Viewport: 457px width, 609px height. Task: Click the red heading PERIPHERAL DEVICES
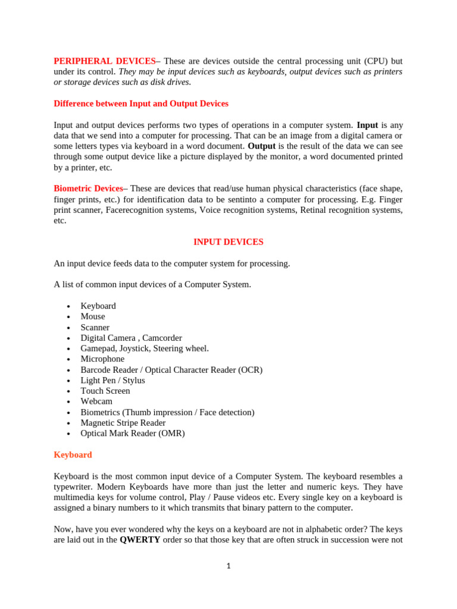click(x=104, y=61)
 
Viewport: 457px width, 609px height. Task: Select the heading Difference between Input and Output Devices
click(x=141, y=103)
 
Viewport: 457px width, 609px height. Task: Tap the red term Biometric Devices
click(x=88, y=188)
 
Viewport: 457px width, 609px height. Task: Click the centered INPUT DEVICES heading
click(x=228, y=242)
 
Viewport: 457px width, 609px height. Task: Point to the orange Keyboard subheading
click(x=73, y=455)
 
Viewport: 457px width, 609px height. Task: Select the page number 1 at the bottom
click(x=228, y=566)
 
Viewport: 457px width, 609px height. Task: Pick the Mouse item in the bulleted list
click(x=93, y=316)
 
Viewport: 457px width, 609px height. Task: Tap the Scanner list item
click(x=95, y=327)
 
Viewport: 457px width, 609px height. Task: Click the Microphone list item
click(x=102, y=359)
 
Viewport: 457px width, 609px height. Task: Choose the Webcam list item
click(x=96, y=401)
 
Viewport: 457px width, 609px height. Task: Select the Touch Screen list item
click(x=105, y=391)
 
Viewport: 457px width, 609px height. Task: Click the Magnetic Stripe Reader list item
click(x=123, y=423)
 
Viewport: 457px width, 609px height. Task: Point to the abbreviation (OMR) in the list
click(x=171, y=434)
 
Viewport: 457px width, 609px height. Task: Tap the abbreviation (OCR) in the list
click(x=249, y=370)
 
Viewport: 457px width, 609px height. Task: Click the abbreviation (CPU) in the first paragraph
click(x=358, y=61)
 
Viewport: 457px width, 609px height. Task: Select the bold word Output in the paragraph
click(x=261, y=146)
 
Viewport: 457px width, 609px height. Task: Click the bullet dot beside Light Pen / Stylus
click(x=69, y=381)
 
